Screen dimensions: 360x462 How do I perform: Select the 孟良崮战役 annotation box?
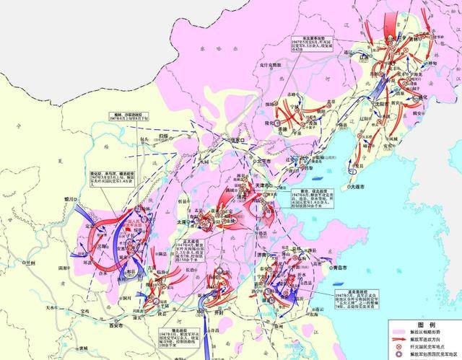click(x=353, y=300)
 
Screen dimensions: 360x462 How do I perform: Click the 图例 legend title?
click(x=424, y=324)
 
